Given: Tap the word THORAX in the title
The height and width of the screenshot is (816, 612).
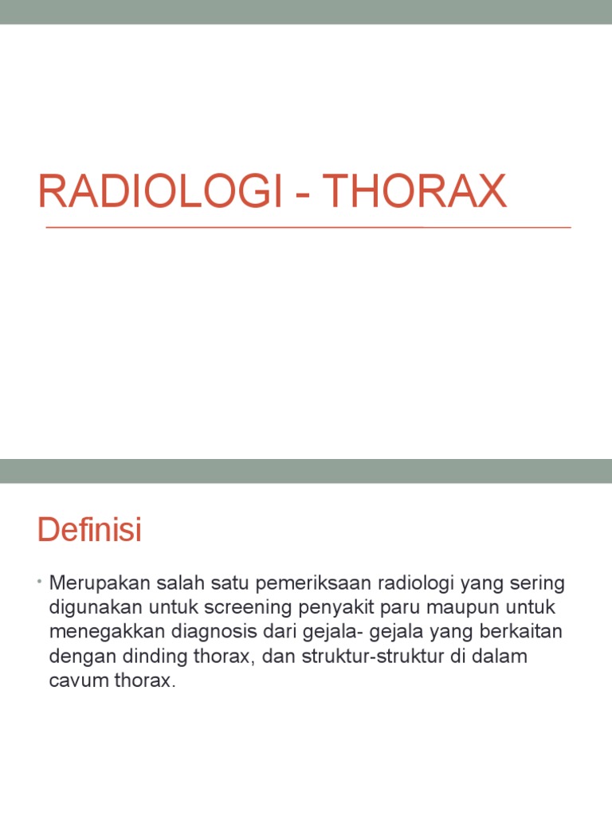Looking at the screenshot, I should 415,192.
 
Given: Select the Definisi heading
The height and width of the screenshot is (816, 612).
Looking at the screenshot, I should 89,530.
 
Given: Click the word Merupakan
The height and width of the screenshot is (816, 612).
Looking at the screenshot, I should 93,583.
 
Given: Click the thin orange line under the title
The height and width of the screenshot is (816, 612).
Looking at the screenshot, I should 308,228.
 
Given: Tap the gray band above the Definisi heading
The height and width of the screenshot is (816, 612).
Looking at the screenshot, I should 306,471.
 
